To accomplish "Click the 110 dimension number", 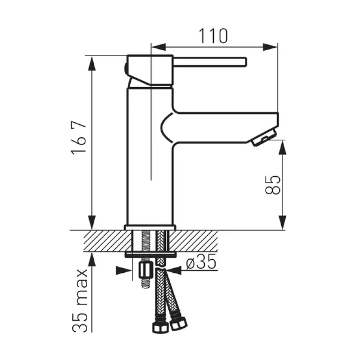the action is click(x=213, y=36).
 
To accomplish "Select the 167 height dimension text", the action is click(x=79, y=138).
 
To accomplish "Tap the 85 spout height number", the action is click(x=273, y=185).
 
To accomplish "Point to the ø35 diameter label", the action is click(x=201, y=262).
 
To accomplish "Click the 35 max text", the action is click(x=80, y=300).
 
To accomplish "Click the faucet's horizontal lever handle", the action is click(x=210, y=62).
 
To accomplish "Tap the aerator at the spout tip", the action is click(x=263, y=137).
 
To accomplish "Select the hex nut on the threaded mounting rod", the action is click(x=146, y=270).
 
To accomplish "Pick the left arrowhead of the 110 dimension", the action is click(x=158, y=47).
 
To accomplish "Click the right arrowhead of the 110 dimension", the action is click(x=270, y=47).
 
